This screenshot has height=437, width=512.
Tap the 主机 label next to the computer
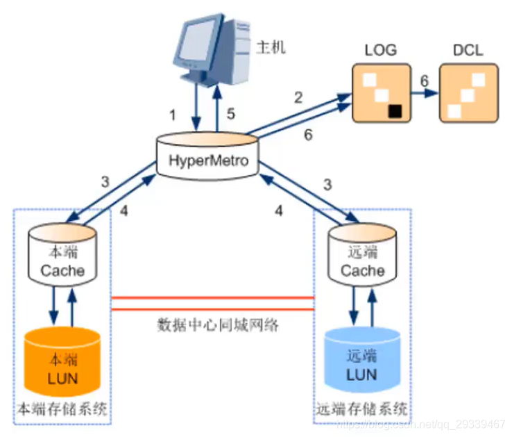click(x=271, y=48)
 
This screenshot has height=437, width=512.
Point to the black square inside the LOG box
click(x=395, y=109)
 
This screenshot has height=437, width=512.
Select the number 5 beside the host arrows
click(x=232, y=113)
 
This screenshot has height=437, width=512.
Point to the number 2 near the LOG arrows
click(x=298, y=97)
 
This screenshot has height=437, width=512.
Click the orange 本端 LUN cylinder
click(x=64, y=361)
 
